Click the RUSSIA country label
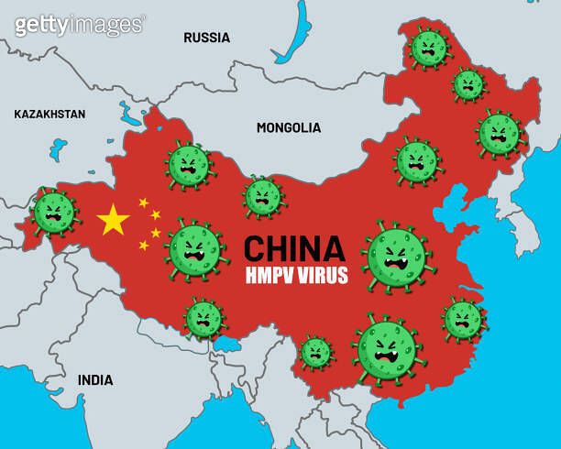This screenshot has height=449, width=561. pos(206,38)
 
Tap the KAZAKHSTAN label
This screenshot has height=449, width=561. pos(49,115)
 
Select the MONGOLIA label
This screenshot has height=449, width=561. pos(289,127)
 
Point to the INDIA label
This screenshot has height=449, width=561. pos(95,379)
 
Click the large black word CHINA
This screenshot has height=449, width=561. pos(294,248)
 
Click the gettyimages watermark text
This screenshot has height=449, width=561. pos(80,25)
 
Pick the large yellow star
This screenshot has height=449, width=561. pos(113,220)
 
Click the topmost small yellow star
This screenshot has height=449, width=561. pos(143,202)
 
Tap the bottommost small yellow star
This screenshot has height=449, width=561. pos(144,246)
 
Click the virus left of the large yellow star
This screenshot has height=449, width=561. pos(53,213)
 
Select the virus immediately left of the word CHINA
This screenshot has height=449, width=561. pos(195,249)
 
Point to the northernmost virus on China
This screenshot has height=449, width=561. pos(428,48)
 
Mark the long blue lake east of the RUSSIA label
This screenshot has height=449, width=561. pos(296,37)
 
